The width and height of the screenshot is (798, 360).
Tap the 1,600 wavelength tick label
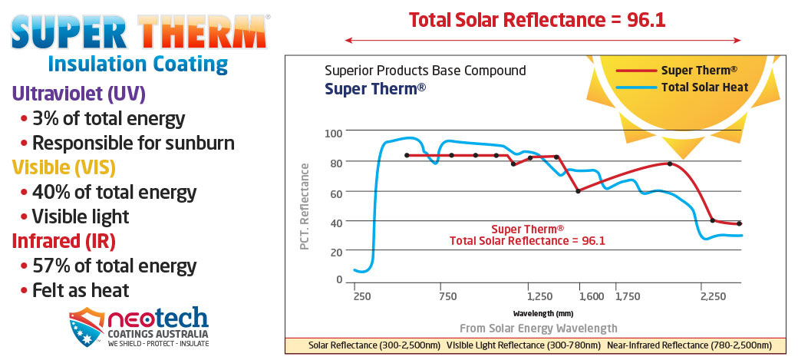coord(590,295)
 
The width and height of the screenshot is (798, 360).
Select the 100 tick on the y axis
coord(332,132)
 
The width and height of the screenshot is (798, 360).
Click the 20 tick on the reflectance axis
coord(335,252)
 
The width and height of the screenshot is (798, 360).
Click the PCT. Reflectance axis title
coord(305,206)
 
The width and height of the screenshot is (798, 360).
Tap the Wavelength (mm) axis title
coord(543,313)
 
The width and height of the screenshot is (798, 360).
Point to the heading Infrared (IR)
coord(64,241)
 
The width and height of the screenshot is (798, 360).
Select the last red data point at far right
coord(739,223)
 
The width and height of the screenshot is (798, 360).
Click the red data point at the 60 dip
coord(578,190)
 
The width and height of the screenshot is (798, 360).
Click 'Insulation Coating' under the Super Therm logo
coord(137,64)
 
